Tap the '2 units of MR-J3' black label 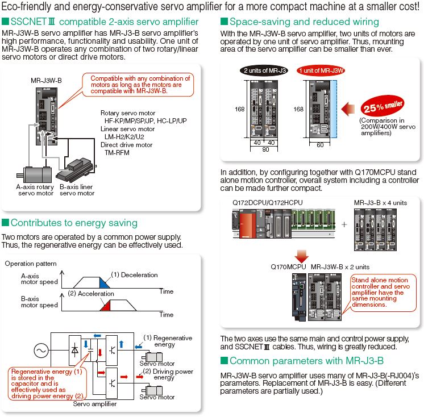pos(263,70)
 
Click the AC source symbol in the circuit pos(41,351)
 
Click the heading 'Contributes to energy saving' pos(74,222)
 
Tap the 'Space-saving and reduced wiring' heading pos(304,22)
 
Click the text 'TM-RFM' pos(117,153)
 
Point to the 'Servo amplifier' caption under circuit pos(95,404)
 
